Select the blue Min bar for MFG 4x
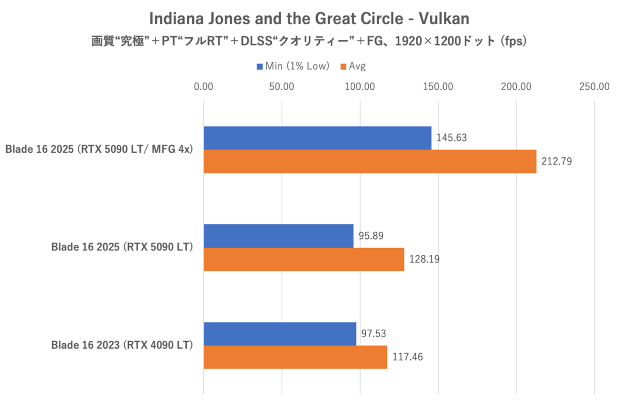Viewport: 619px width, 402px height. coord(317,138)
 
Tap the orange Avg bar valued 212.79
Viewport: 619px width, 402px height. coord(370,161)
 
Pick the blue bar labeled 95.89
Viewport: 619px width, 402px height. coord(279,236)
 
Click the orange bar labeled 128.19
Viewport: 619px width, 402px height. coord(304,259)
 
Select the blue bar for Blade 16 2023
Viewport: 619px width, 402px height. coord(280,334)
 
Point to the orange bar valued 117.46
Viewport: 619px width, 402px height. coord(295,357)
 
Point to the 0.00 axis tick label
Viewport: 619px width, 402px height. coord(204,86)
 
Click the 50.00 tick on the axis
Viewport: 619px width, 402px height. coord(282,86)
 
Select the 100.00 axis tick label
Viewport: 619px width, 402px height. coord(360,86)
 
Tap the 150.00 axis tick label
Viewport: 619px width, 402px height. coord(438,86)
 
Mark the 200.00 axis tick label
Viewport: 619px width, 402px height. coord(516,86)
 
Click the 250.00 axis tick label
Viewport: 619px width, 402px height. coord(594,86)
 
